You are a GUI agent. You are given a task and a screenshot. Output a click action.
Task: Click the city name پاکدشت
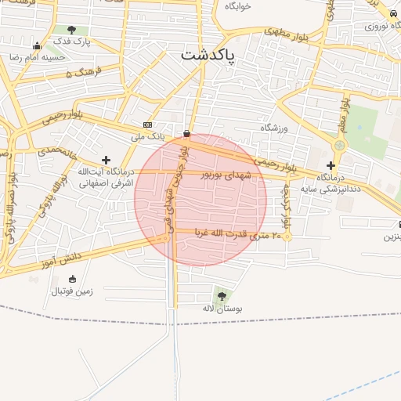pos(209,55)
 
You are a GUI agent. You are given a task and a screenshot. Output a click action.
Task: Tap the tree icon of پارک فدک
pos(72,30)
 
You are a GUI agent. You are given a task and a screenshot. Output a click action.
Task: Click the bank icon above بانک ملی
pos(147,125)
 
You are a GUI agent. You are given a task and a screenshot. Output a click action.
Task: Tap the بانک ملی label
pos(148,136)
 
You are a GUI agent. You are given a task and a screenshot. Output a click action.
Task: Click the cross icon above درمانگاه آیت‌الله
pos(106,160)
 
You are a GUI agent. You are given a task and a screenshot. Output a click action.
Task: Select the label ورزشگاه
pos(275,127)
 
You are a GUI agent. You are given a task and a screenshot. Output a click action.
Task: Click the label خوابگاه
pos(237,6)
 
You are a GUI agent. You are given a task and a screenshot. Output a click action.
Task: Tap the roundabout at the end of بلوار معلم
pos(339,145)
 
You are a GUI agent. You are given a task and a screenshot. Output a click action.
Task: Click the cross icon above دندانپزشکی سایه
pos(331,165)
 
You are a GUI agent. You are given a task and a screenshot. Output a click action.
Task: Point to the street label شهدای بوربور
pos(227,175)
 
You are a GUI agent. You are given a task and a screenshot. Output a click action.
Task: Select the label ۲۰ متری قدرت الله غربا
pos(237,234)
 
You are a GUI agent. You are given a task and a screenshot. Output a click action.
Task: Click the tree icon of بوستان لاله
pos(222,296)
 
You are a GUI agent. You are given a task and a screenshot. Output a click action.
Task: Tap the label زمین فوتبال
pos(72,291)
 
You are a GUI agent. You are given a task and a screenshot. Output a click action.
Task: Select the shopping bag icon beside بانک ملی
pos(186,132)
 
